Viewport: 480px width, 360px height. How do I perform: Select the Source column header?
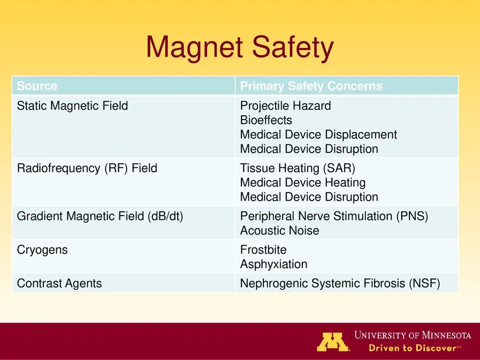[x=37, y=86]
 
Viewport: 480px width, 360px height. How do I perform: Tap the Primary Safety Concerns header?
[x=311, y=86]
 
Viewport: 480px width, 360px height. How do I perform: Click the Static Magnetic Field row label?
[x=72, y=106]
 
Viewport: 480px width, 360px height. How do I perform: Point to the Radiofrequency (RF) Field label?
[x=87, y=168]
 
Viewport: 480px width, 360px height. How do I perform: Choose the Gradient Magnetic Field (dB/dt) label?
[x=100, y=217]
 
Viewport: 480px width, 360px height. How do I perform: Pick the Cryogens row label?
[x=42, y=250]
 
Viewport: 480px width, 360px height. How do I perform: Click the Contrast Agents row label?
[x=60, y=284]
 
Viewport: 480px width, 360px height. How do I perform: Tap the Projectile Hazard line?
[x=285, y=106]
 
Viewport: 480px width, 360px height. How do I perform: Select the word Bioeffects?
[x=266, y=120]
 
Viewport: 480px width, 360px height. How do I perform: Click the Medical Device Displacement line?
[x=318, y=135]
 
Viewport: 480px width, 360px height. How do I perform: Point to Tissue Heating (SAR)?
[x=298, y=168]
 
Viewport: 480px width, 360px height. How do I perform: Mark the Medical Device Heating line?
[x=303, y=183]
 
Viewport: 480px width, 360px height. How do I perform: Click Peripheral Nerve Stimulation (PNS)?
[x=334, y=217]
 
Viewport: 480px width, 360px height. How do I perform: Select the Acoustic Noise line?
[x=279, y=231]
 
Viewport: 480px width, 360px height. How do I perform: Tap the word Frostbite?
[x=263, y=250]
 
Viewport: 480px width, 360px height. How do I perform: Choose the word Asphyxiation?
[x=274, y=264]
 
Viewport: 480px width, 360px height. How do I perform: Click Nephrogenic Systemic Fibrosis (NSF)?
[x=340, y=284]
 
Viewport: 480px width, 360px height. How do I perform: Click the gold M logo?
[x=333, y=342]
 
